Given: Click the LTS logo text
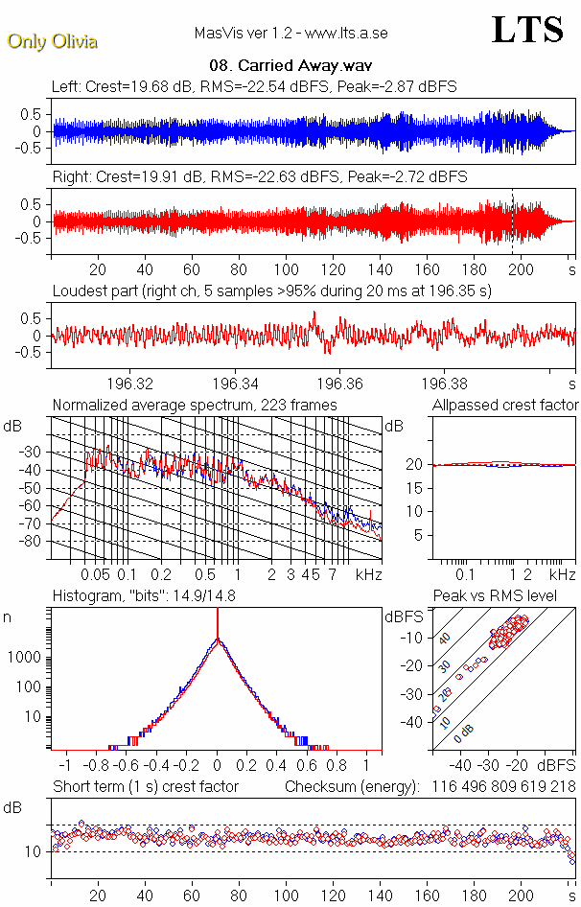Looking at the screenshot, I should click(x=526, y=30).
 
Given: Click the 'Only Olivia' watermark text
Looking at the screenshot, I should click(x=52, y=41).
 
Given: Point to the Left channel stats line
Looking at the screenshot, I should click(x=254, y=87).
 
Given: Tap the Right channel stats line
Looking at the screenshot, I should click(x=259, y=177).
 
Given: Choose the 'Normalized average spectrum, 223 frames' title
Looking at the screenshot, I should click(x=195, y=406).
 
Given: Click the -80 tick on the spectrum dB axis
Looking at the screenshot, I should click(x=32, y=541).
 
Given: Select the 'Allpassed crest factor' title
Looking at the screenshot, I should click(x=505, y=406).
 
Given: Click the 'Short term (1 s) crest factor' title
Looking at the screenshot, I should click(x=145, y=787).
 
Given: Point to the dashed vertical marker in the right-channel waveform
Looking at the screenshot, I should click(x=513, y=222).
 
